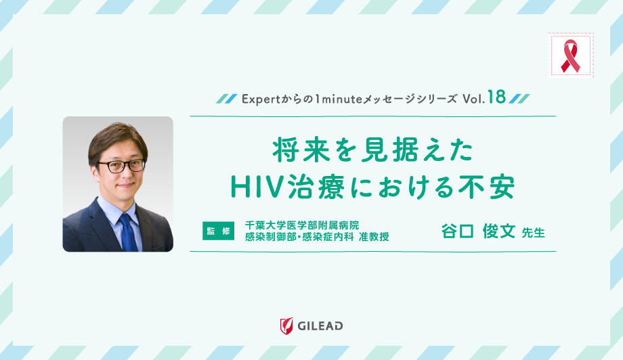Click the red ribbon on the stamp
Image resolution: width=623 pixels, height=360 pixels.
pyautogui.click(x=570, y=55)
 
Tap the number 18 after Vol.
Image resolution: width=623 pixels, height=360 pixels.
pyautogui.click(x=496, y=97)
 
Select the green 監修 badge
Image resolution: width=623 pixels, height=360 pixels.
pyautogui.click(x=218, y=231)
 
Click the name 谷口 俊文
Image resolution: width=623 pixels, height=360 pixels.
pyautogui.click(x=478, y=231)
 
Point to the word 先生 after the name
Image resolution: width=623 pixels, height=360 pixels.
pyautogui.click(x=533, y=233)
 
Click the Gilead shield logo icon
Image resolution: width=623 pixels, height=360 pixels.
pyautogui.click(x=286, y=326)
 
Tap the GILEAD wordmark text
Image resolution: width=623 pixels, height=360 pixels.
pyautogui.click(x=320, y=326)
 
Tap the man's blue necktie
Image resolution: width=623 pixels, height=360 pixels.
pyautogui.click(x=128, y=233)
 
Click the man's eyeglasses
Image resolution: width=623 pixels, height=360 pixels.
pyautogui.click(x=122, y=166)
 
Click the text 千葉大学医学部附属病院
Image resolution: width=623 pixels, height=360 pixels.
pyautogui.click(x=302, y=225)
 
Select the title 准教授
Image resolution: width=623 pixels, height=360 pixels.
pyautogui.click(x=374, y=237)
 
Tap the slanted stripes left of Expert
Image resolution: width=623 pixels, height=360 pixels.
pyautogui.click(x=227, y=99)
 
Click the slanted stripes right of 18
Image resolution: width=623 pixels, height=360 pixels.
pyautogui.click(x=519, y=99)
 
